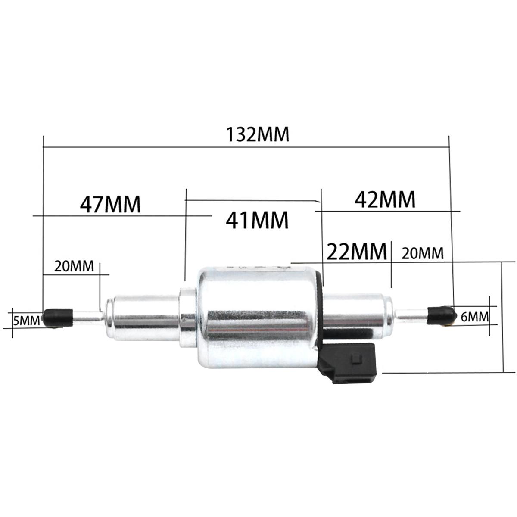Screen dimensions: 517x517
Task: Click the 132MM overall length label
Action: point(258,134)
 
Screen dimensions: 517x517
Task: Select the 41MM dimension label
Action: point(257,220)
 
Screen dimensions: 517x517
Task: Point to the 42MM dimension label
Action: point(385,199)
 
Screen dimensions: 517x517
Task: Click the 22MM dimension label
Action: point(357,251)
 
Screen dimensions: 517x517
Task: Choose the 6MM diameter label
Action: point(474,317)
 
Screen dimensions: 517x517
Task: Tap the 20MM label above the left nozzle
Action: point(74,266)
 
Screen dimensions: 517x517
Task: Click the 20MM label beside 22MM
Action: point(422,253)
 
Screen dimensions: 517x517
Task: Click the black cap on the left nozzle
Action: point(58,317)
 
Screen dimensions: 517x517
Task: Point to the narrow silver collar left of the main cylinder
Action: point(188,317)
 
